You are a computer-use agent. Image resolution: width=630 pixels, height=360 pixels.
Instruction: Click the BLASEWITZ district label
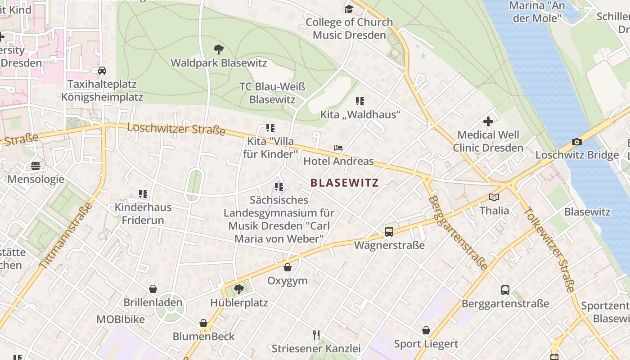click(345, 183)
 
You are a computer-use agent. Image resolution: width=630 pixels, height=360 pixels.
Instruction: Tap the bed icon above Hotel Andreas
click(338, 148)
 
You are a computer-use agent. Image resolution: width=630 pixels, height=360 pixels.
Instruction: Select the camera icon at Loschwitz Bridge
click(576, 142)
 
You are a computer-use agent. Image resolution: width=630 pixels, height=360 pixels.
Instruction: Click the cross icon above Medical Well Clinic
click(488, 121)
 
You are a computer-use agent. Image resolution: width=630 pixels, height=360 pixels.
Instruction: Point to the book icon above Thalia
click(494, 197)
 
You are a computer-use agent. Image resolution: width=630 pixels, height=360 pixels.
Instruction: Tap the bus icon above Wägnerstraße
click(389, 232)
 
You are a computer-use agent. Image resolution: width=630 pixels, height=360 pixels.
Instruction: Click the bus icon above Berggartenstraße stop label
click(505, 290)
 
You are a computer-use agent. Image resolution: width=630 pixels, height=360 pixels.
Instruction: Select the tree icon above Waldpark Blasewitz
click(219, 49)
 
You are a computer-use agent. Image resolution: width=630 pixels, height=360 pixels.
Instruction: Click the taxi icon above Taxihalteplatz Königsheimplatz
click(102, 71)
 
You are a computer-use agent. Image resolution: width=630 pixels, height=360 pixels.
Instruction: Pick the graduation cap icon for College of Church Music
click(349, 9)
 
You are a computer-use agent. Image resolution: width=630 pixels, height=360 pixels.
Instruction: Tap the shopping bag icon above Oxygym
click(288, 267)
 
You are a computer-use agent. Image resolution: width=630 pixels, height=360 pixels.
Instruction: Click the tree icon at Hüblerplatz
click(239, 288)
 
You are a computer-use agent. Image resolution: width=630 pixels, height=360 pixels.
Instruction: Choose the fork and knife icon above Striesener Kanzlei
click(316, 335)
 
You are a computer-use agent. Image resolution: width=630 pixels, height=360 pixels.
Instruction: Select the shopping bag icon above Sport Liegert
click(426, 331)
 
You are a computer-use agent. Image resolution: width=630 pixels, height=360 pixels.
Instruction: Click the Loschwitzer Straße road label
click(176, 129)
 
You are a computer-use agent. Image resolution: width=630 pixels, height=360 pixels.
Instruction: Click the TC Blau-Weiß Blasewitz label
click(272, 93)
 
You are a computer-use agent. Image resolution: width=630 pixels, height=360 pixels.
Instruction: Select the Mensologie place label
click(36, 180)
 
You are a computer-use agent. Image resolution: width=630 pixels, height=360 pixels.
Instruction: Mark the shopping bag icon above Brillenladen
click(153, 289)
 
